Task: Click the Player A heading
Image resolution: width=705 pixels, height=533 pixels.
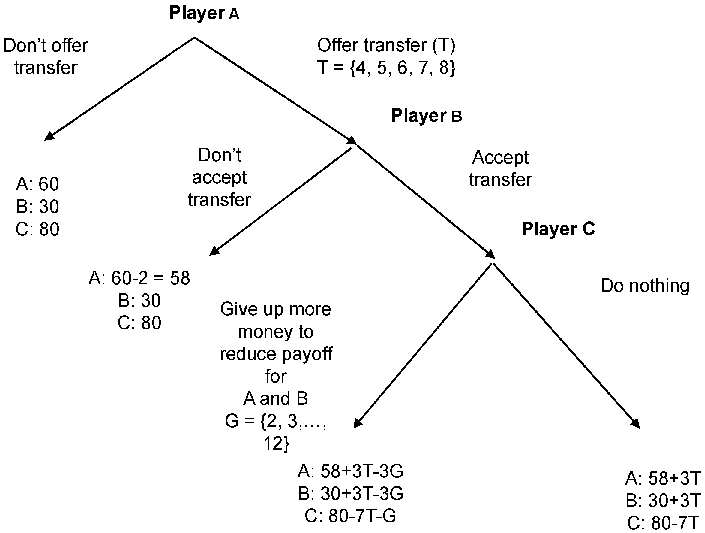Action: pos(204,14)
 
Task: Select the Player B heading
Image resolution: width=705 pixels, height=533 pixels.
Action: pos(426,116)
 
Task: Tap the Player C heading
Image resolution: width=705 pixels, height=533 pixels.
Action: pos(558,229)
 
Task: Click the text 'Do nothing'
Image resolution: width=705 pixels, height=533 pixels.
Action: pos(645,286)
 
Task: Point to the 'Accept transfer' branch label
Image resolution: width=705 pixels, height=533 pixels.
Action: pos(500,168)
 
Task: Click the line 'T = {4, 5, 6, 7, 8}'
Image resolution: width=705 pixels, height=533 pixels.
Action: pos(386,68)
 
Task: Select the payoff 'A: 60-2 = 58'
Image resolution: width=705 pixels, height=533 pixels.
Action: pos(139,278)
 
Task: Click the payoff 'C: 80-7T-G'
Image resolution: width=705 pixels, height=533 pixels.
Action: pos(350,516)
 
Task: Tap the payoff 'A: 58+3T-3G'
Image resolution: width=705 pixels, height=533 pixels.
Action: pos(350,471)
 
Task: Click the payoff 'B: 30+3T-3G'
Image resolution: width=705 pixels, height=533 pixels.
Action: pos(350,493)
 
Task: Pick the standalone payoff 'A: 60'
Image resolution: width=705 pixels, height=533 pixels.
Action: pos(37,184)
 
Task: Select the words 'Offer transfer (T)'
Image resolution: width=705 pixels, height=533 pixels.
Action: pos(386,45)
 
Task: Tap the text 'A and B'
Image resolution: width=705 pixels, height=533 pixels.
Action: pos(276,399)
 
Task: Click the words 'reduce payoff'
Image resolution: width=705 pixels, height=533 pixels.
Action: pos(276,354)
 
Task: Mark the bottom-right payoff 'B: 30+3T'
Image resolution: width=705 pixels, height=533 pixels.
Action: pos(663,500)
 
